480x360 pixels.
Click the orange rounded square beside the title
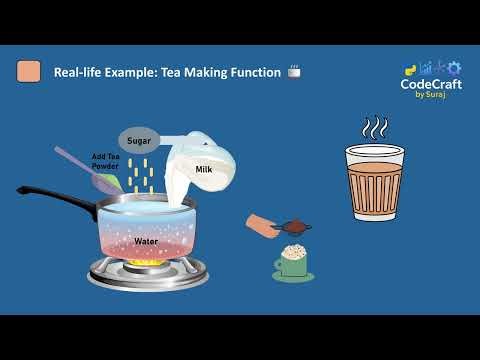tap(30, 72)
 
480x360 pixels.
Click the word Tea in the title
tap(171, 72)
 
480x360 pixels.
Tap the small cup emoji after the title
tap(294, 72)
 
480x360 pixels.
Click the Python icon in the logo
tap(410, 70)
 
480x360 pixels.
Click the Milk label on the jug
tap(203, 171)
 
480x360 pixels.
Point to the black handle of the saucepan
tap(50, 195)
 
